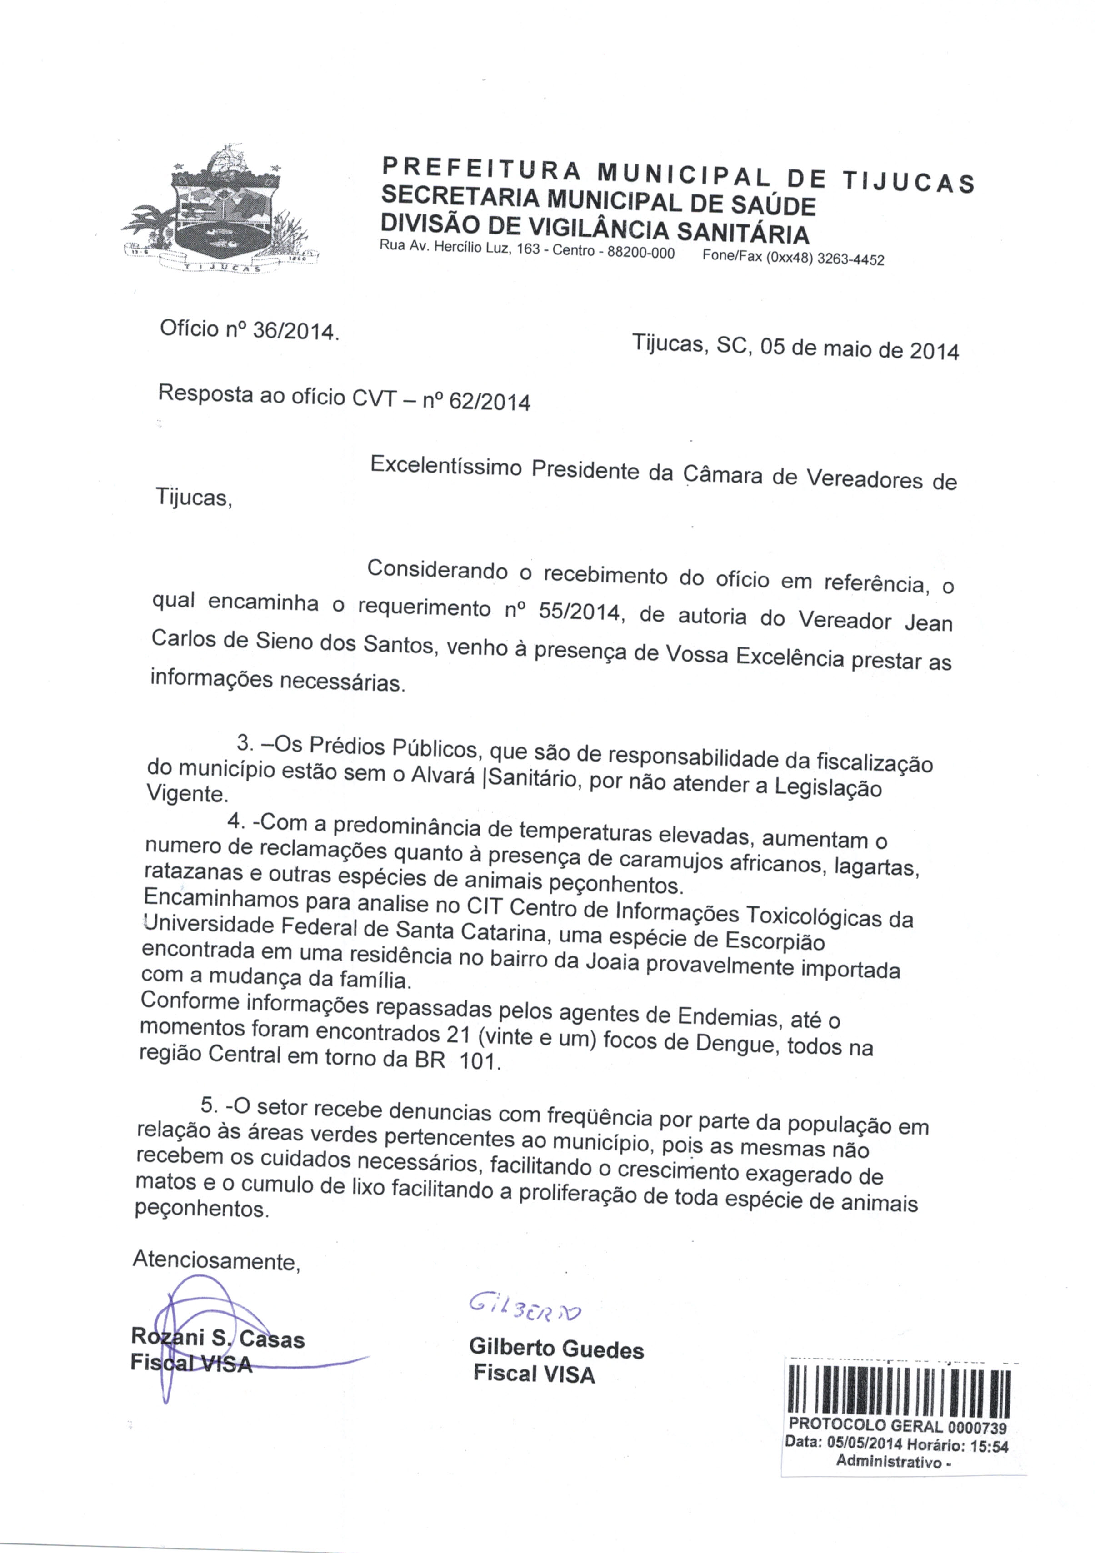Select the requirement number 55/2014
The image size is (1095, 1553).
point(579,612)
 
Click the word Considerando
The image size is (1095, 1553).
point(436,569)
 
